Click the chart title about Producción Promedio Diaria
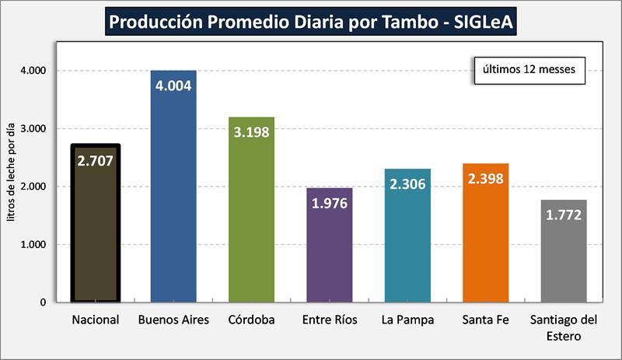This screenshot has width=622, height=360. (x=312, y=21)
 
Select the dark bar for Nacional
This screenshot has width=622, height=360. (x=95, y=233)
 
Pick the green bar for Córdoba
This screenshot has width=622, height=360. (x=251, y=225)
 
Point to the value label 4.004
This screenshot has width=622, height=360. (x=173, y=86)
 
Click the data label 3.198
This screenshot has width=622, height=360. (x=251, y=131)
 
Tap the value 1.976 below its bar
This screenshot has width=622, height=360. (x=329, y=204)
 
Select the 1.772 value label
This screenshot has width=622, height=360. (x=564, y=215)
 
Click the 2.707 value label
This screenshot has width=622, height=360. (x=95, y=161)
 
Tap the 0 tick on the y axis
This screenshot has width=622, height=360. (x=44, y=302)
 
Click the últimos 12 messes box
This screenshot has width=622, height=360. (x=529, y=69)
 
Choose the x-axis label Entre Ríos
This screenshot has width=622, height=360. (x=329, y=320)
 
